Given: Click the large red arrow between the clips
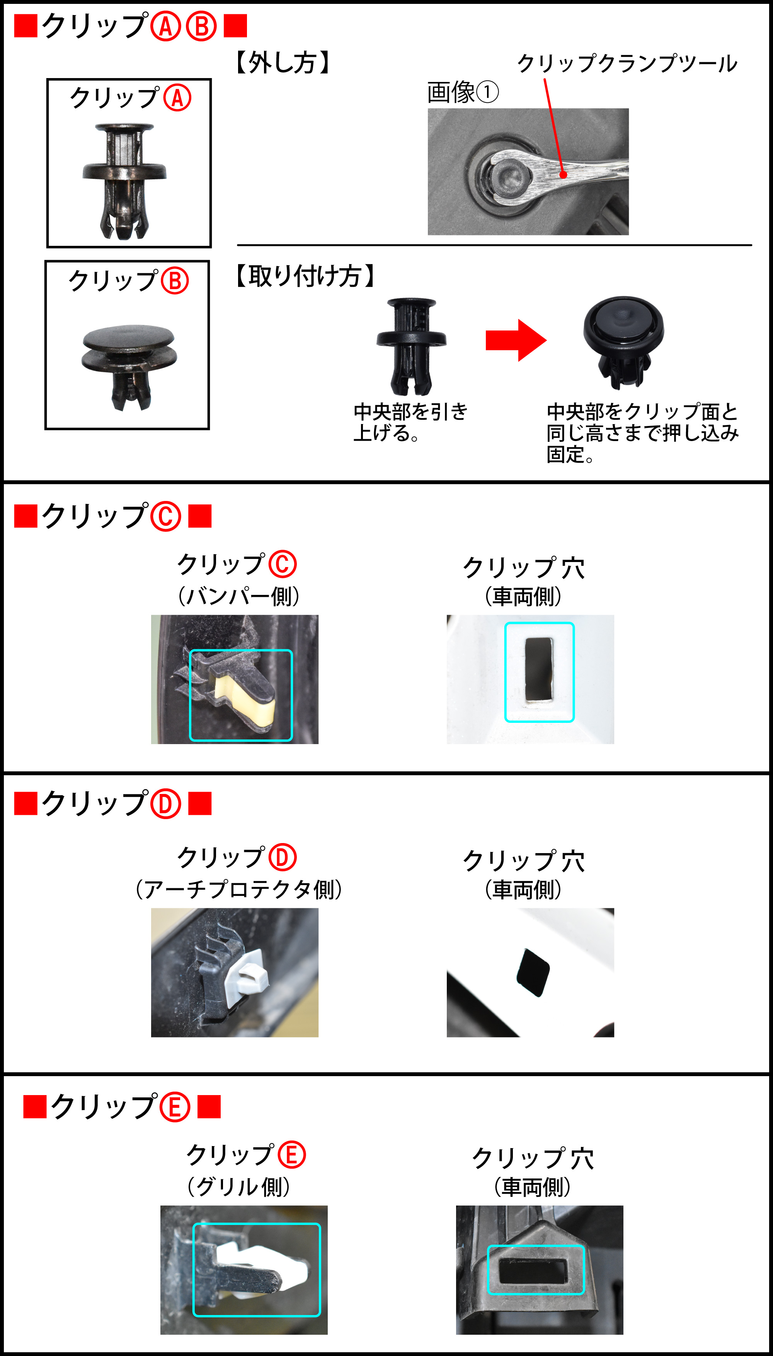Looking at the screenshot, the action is (516, 340).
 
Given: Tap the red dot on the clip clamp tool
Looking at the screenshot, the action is (563, 175).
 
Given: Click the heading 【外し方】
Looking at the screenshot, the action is (283, 63).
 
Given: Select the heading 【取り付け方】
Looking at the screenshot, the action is (305, 276).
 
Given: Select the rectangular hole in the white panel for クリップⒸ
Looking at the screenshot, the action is (539, 670).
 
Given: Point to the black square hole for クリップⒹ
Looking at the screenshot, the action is (533, 972).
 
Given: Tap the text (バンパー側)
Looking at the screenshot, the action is (239, 596).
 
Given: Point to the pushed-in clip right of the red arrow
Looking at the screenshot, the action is (623, 342).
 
